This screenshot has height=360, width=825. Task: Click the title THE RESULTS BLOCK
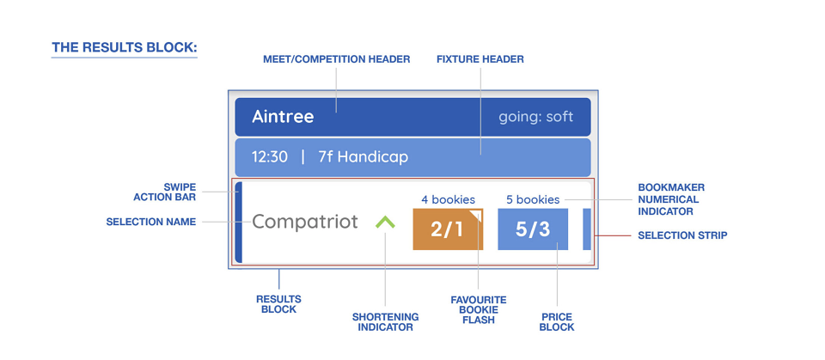point(124,48)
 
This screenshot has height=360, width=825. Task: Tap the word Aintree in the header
point(283,116)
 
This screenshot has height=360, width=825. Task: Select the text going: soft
point(535,117)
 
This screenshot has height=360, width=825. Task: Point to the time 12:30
point(269,157)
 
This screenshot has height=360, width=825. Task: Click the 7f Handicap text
point(363,157)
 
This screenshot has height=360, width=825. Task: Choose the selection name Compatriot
point(305,222)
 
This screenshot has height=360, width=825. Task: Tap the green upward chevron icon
point(385,223)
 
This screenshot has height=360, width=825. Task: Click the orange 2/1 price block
point(448,229)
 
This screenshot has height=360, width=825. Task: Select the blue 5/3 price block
point(533,229)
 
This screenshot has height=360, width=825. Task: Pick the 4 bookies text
point(448,199)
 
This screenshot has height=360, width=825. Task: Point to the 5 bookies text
point(533,199)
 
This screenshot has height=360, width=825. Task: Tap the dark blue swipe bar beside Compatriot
point(238,223)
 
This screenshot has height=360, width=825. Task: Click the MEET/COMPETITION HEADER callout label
point(336,59)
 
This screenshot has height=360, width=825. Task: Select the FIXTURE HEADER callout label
point(480,59)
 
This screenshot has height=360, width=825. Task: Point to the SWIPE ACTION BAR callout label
point(165,192)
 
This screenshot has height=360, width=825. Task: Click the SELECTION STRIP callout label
point(682,235)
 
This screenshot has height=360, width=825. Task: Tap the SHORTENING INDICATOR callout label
point(385,322)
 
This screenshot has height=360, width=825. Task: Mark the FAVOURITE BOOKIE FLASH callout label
point(479,310)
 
